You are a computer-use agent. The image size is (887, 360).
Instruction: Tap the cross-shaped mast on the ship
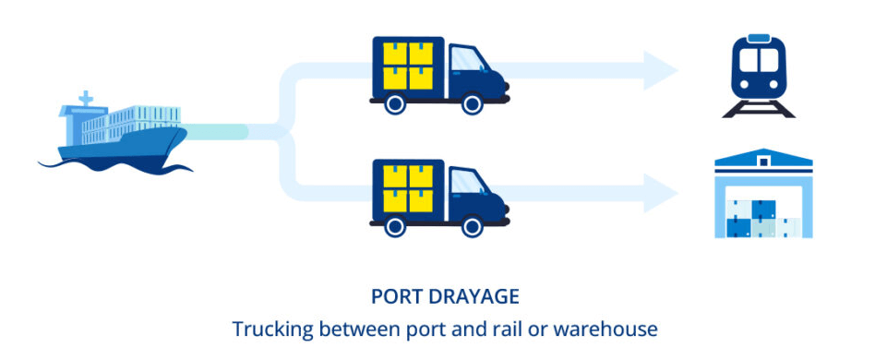86,97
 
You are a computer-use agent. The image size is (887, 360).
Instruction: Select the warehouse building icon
763,197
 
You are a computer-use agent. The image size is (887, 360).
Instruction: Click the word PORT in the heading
396,296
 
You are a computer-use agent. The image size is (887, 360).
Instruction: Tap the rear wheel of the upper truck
395,104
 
